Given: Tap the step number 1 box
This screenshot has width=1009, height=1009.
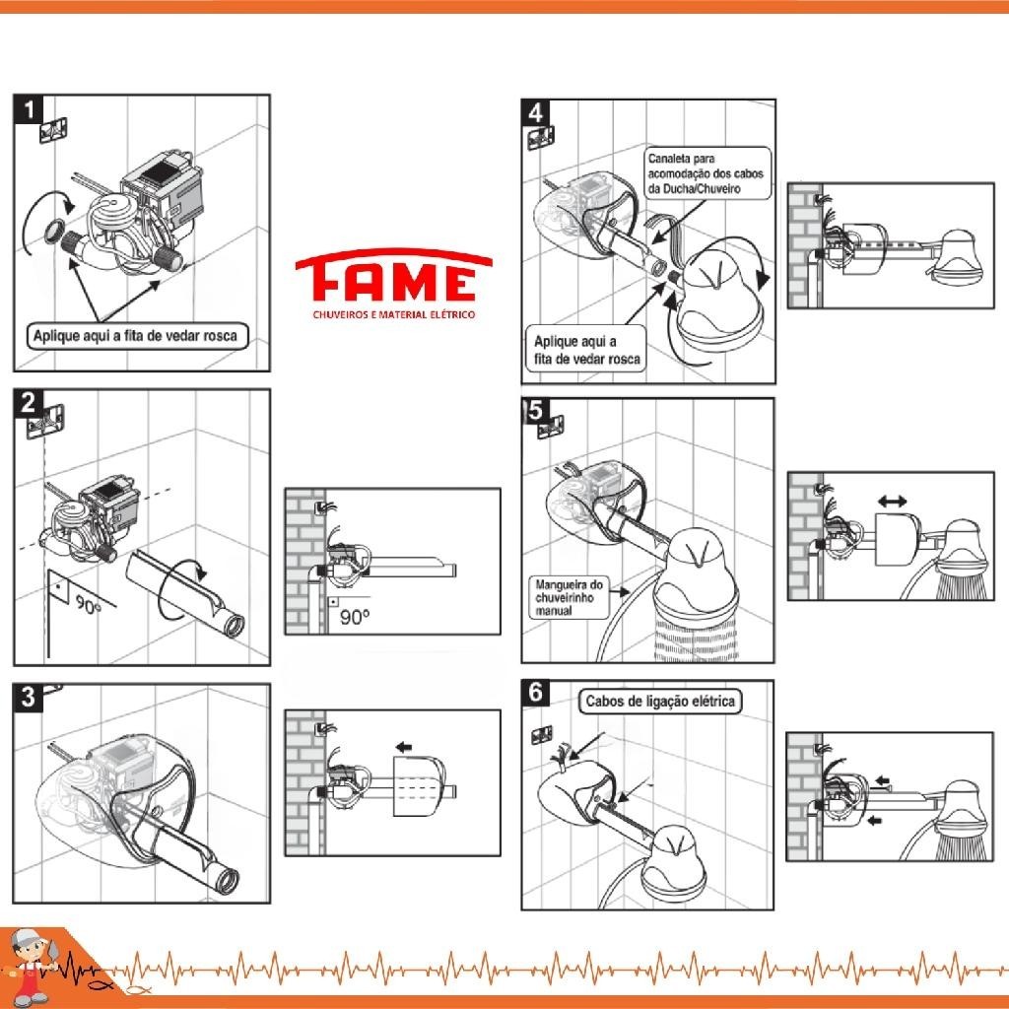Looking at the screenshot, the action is (29, 109).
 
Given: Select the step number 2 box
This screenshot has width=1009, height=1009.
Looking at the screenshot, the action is (29, 403).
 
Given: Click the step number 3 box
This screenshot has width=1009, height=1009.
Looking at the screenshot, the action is (29, 698).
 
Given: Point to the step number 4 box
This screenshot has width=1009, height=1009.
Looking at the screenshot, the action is (535, 113).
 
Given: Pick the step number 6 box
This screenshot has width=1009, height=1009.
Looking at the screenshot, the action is (535, 693).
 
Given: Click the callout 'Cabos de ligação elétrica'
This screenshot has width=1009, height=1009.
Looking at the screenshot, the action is (660, 701).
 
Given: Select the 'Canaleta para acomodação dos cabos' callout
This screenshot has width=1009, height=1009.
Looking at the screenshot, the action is (706, 173).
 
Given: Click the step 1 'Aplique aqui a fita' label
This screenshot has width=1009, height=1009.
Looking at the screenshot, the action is (136, 336).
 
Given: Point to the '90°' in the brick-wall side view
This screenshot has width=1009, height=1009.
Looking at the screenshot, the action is (355, 618).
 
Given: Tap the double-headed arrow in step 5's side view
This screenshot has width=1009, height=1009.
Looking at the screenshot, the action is (893, 501).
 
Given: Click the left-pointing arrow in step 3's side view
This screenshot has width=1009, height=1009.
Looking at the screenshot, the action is (403, 747).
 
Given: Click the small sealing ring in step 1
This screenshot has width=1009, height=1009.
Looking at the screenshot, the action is (53, 231).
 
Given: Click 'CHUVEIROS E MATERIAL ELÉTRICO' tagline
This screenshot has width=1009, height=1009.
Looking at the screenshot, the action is (394, 314).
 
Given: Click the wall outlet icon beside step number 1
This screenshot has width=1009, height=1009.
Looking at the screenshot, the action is (55, 130).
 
